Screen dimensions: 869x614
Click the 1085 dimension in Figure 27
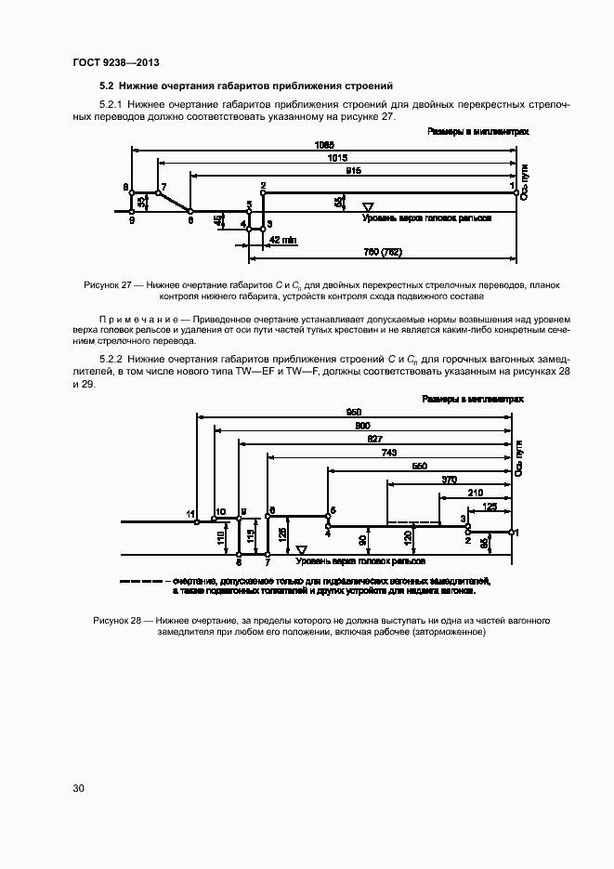[x=323, y=145]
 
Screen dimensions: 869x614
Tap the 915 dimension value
[x=353, y=171]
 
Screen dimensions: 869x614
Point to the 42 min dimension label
[x=282, y=239]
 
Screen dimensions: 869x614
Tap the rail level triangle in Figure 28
[x=301, y=550]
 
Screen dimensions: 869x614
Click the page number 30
[x=79, y=788]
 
